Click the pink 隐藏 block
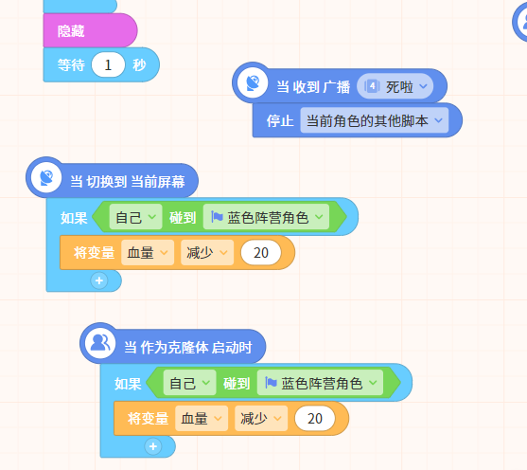[90, 30]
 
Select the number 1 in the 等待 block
[108, 64]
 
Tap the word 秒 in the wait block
[139, 65]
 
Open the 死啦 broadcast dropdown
[395, 86]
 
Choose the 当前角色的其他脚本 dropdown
[374, 120]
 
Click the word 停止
[280, 120]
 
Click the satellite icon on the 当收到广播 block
[253, 82]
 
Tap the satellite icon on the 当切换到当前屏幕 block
[46, 177]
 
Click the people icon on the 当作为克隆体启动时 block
[100, 343]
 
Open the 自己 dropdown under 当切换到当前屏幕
[135, 217]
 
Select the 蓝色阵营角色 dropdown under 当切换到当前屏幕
[266, 217]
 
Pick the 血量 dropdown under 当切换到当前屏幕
[148, 252]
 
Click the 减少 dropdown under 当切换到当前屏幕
[207, 252]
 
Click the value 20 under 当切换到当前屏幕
[261, 253]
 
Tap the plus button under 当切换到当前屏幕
[99, 280]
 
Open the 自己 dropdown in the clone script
[189, 383]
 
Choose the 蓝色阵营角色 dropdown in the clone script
[320, 383]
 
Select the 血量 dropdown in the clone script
[202, 419]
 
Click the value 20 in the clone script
[314, 419]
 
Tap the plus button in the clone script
[153, 446]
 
